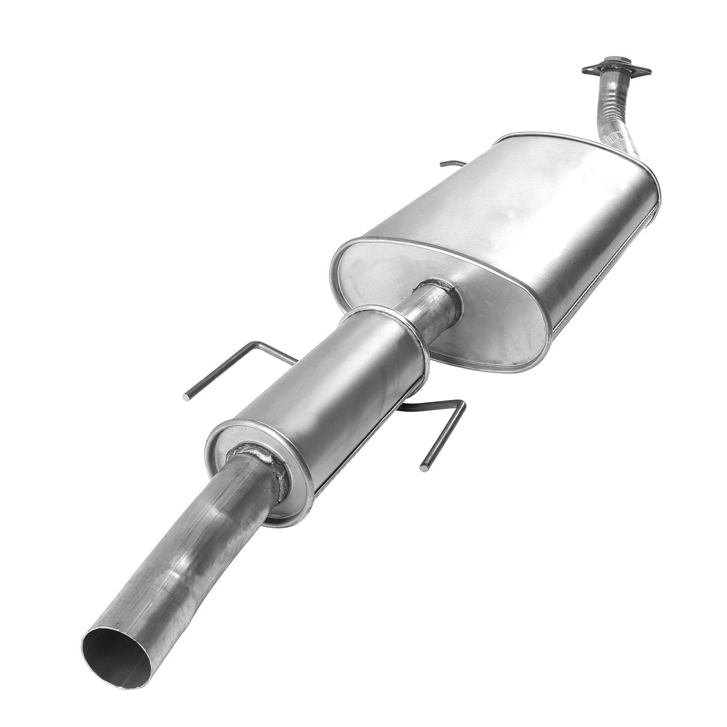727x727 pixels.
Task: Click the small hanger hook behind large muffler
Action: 448,164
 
